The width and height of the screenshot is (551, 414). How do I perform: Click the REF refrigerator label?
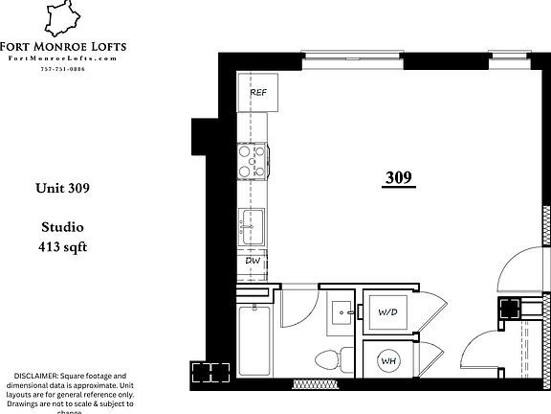[x=258, y=93]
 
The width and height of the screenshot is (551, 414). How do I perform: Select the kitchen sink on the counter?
[x=254, y=225]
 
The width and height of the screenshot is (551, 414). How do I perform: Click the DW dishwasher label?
[x=253, y=260]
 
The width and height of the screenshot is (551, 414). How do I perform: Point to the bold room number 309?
[x=399, y=178]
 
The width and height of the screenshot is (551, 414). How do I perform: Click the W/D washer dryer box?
[x=388, y=312]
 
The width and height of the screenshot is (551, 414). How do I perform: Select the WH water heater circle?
[x=389, y=361]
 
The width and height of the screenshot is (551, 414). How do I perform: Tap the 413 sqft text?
[x=66, y=246]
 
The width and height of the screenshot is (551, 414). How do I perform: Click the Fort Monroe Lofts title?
[x=66, y=46]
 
